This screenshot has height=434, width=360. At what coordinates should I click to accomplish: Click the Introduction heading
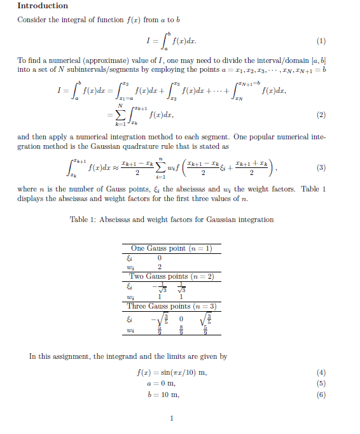coord(43,6)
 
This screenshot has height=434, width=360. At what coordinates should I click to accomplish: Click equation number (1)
coord(321,42)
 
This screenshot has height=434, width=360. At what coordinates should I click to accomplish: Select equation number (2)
coord(321,115)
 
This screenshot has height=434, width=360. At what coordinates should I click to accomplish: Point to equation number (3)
coord(321,168)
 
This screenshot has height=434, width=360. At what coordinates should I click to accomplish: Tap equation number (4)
coord(321,372)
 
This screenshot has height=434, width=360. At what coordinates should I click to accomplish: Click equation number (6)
coord(321,395)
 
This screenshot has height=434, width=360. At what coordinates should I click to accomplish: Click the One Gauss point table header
coord(171,248)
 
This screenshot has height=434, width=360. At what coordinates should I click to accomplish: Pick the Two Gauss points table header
coord(171,276)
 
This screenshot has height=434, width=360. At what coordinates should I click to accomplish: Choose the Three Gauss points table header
coord(171,306)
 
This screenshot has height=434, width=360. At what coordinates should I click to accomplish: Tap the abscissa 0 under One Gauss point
coord(160,258)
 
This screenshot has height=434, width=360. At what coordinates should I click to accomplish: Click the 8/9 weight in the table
coord(181,330)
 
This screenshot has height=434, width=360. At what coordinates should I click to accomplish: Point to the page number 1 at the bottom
coord(172,418)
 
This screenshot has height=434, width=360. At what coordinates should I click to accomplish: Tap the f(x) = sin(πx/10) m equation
coord(172,372)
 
